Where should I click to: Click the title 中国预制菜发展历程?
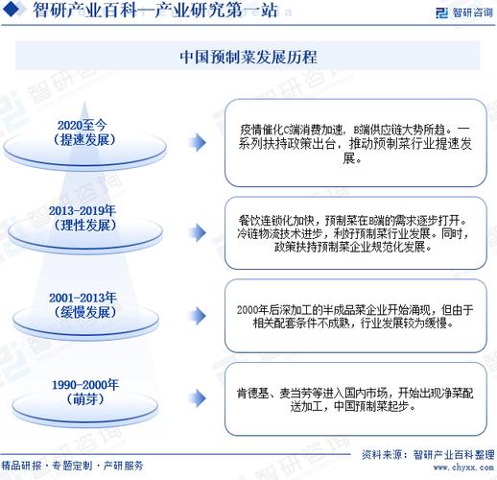point(248,57)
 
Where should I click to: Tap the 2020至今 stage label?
point(85,125)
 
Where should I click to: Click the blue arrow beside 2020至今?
point(197,142)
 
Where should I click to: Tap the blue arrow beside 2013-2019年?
point(197,233)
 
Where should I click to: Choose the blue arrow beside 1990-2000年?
point(197,396)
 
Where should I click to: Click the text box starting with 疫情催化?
point(355,142)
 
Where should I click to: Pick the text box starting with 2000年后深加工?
point(355,315)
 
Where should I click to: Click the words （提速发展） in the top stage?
point(85,139)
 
